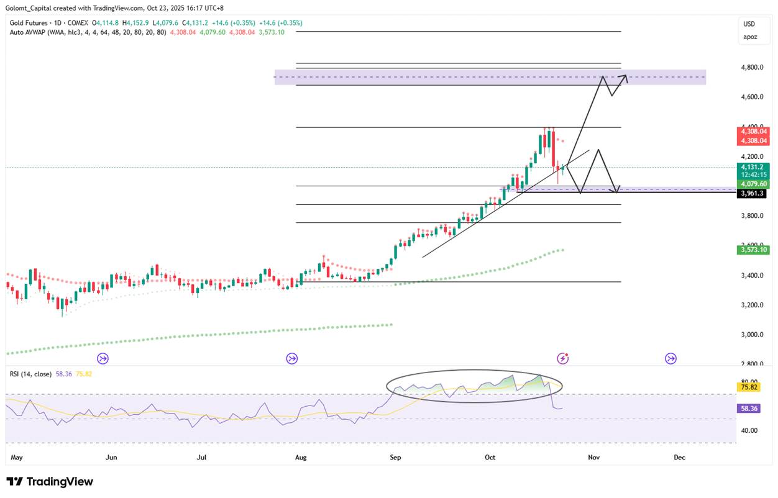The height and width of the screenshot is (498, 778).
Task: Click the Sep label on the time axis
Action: tap(396, 457)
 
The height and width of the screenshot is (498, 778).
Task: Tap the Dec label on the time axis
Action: tap(679, 457)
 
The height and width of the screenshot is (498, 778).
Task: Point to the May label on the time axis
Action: tap(17, 457)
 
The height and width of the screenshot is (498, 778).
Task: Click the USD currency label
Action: tap(749, 24)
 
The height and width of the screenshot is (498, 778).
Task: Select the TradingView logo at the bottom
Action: tap(50, 482)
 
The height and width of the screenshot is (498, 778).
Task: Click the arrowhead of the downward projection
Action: tap(616, 190)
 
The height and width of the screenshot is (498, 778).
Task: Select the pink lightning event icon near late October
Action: tap(563, 358)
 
